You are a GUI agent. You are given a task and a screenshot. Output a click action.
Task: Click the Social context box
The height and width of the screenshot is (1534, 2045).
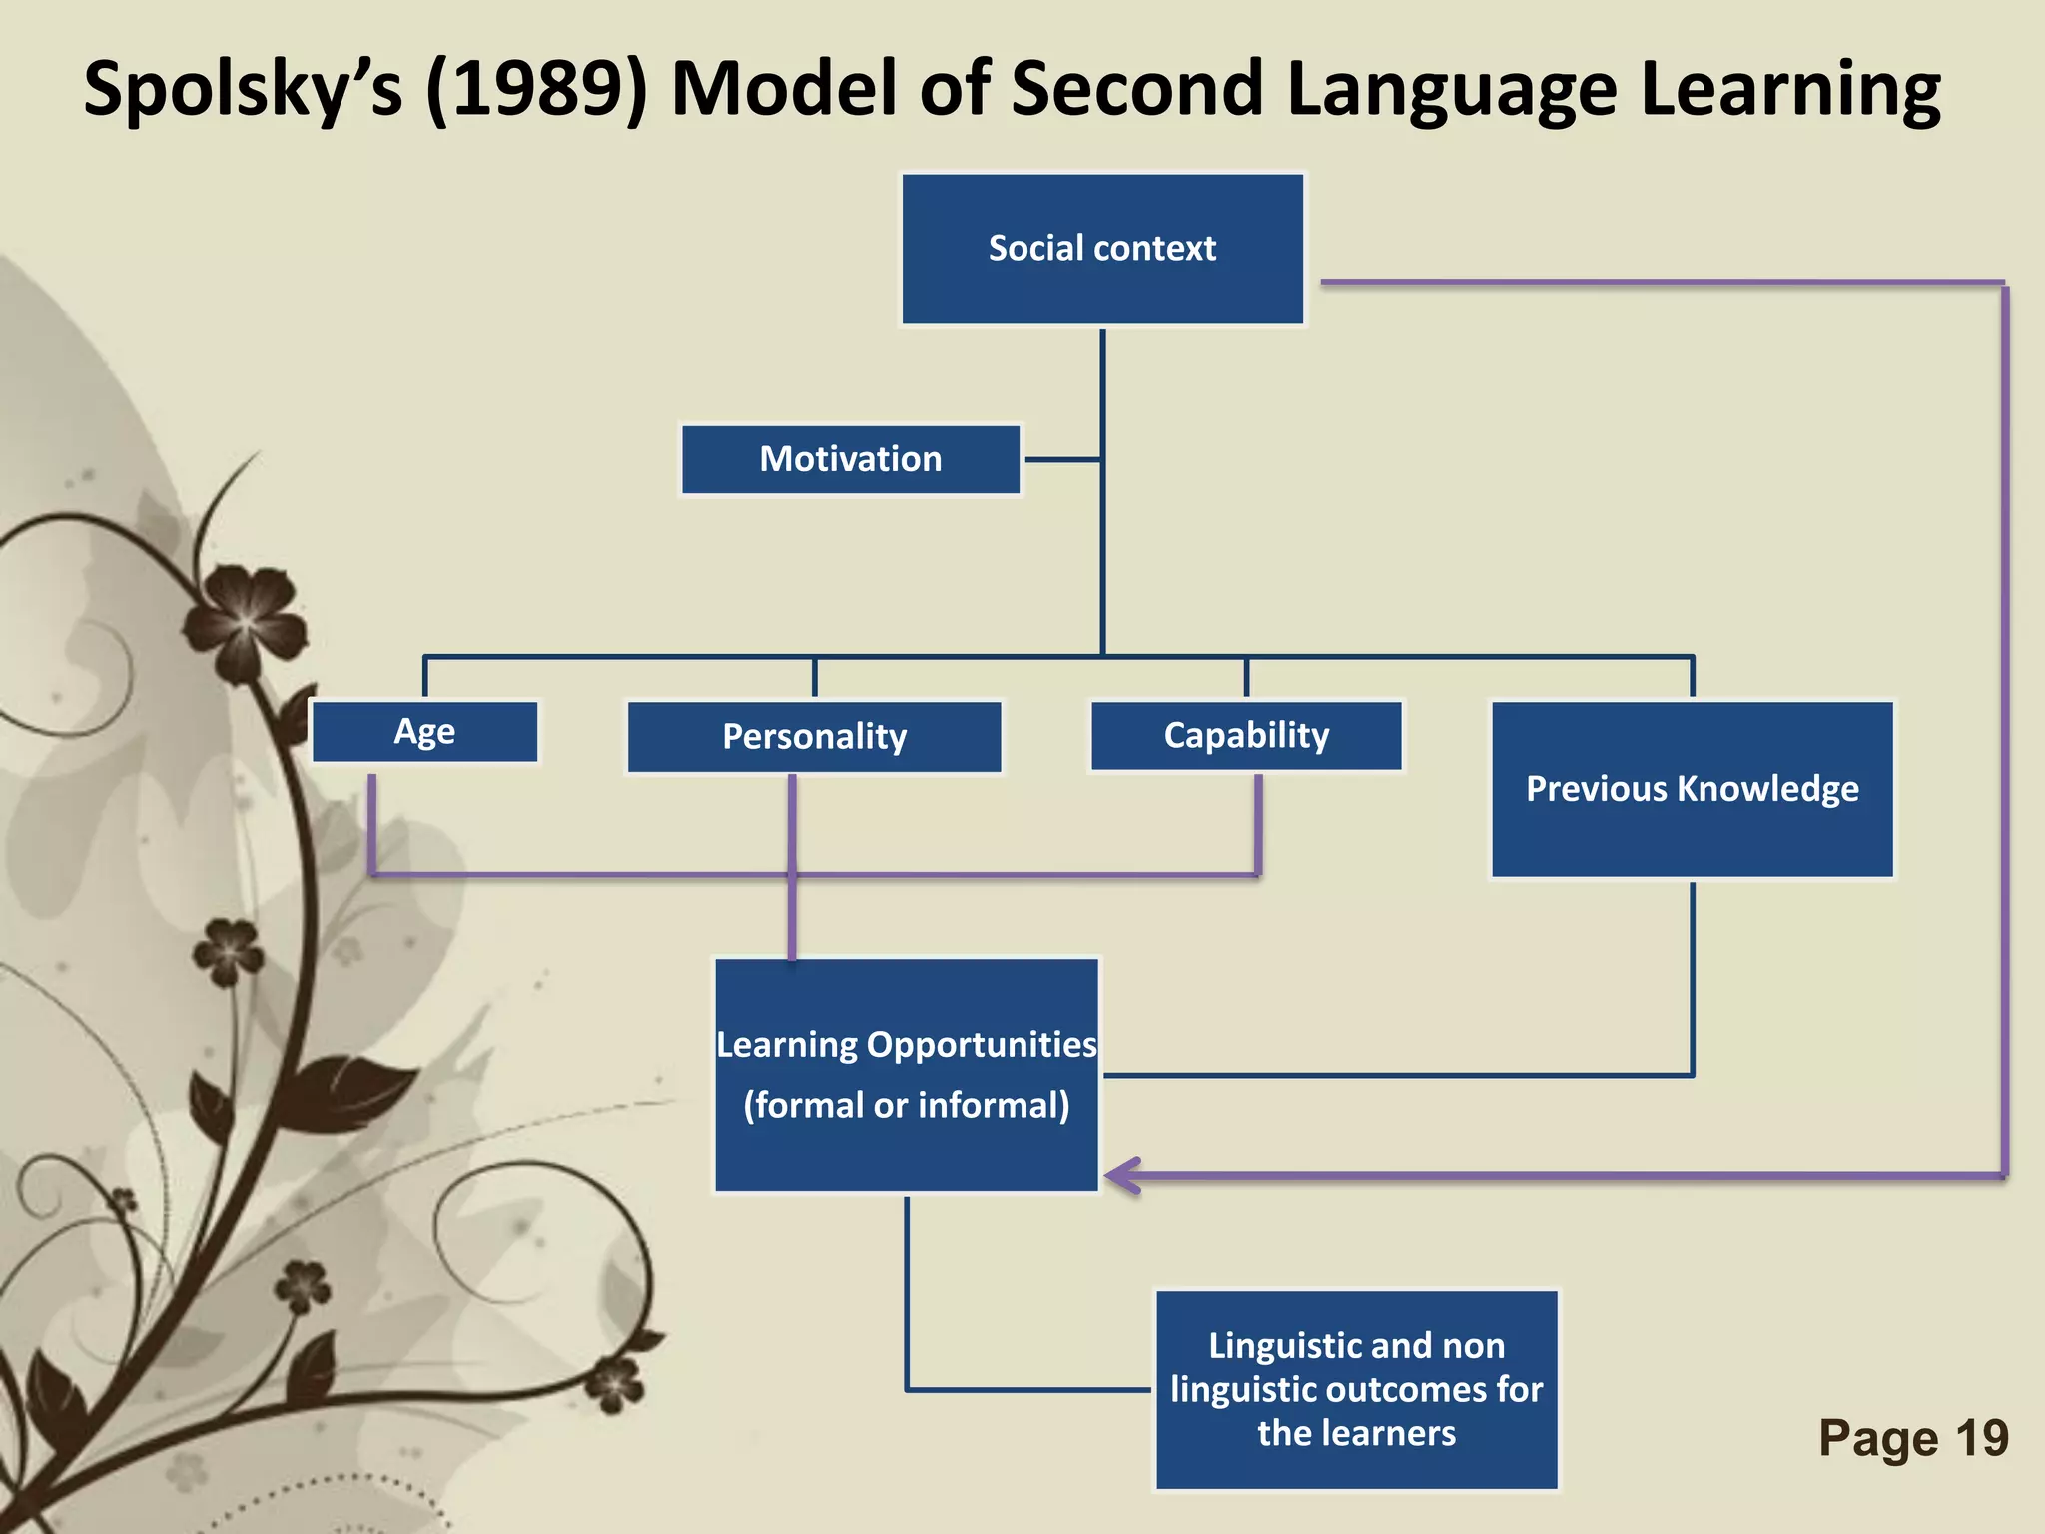[1102, 249]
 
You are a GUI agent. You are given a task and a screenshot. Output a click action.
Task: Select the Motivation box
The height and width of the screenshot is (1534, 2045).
[851, 459]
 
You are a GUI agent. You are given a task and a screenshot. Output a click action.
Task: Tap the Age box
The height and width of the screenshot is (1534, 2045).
[424, 732]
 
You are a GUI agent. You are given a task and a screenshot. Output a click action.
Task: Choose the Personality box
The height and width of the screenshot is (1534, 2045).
[814, 737]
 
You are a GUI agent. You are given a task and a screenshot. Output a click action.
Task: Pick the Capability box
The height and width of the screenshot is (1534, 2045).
[1246, 736]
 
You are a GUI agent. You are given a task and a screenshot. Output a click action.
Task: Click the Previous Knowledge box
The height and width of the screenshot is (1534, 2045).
[1692, 789]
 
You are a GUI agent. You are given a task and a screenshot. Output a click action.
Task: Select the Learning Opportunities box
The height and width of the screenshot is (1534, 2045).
[906, 1075]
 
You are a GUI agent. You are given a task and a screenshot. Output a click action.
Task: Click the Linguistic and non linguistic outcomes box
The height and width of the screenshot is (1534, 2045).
[1356, 1389]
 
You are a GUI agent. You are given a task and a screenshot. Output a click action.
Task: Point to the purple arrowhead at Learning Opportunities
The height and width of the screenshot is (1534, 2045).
[1122, 1176]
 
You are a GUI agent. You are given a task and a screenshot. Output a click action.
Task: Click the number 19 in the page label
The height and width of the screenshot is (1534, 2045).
[1981, 1438]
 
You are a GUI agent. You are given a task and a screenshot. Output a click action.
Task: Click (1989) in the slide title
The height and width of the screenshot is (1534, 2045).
[537, 90]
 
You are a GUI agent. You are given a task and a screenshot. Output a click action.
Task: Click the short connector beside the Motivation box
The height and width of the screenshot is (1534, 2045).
[1062, 459]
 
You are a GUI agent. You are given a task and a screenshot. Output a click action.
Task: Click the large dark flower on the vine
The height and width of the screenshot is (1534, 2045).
[246, 621]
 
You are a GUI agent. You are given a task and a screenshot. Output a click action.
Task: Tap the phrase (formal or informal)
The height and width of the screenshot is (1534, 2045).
[906, 1105]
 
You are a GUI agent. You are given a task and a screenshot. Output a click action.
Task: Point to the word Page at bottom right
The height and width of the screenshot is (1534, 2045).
[1878, 1438]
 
